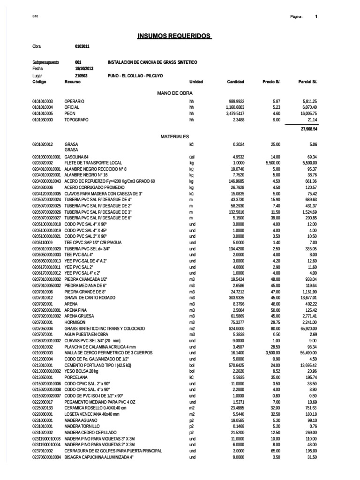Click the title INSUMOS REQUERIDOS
pyautogui.click(x=174, y=36)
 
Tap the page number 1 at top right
pyautogui.click(x=316, y=17)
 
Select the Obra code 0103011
pyautogui.click(x=82, y=47)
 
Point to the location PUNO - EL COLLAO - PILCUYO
pyautogui.click(x=135, y=75)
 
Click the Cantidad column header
pyautogui.click(x=235, y=82)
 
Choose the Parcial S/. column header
pyautogui.click(x=307, y=82)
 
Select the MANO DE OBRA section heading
pyautogui.click(x=175, y=93)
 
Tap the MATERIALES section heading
pyautogui.click(x=174, y=136)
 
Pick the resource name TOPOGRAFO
pyautogui.click(x=75, y=120)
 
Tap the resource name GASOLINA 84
pyautogui.click(x=76, y=156)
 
